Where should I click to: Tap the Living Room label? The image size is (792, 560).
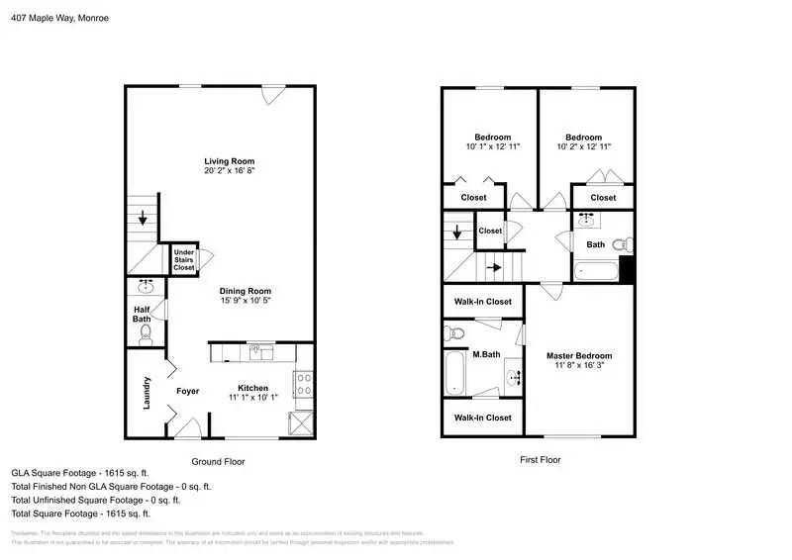click(230, 161)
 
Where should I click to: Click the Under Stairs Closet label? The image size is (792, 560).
click(184, 259)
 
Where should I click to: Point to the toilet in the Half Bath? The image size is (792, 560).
click(146, 335)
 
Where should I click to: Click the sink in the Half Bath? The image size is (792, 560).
click(147, 288)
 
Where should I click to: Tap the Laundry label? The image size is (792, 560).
click(147, 393)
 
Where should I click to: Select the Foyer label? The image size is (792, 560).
click(188, 391)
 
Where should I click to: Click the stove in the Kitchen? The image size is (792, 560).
click(302, 380)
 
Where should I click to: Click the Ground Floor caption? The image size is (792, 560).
click(218, 461)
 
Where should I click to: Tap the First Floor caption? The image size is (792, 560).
click(541, 460)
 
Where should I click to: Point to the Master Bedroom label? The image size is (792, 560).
click(579, 355)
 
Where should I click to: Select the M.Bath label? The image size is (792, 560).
click(484, 355)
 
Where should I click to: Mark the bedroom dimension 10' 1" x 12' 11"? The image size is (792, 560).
click(492, 146)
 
